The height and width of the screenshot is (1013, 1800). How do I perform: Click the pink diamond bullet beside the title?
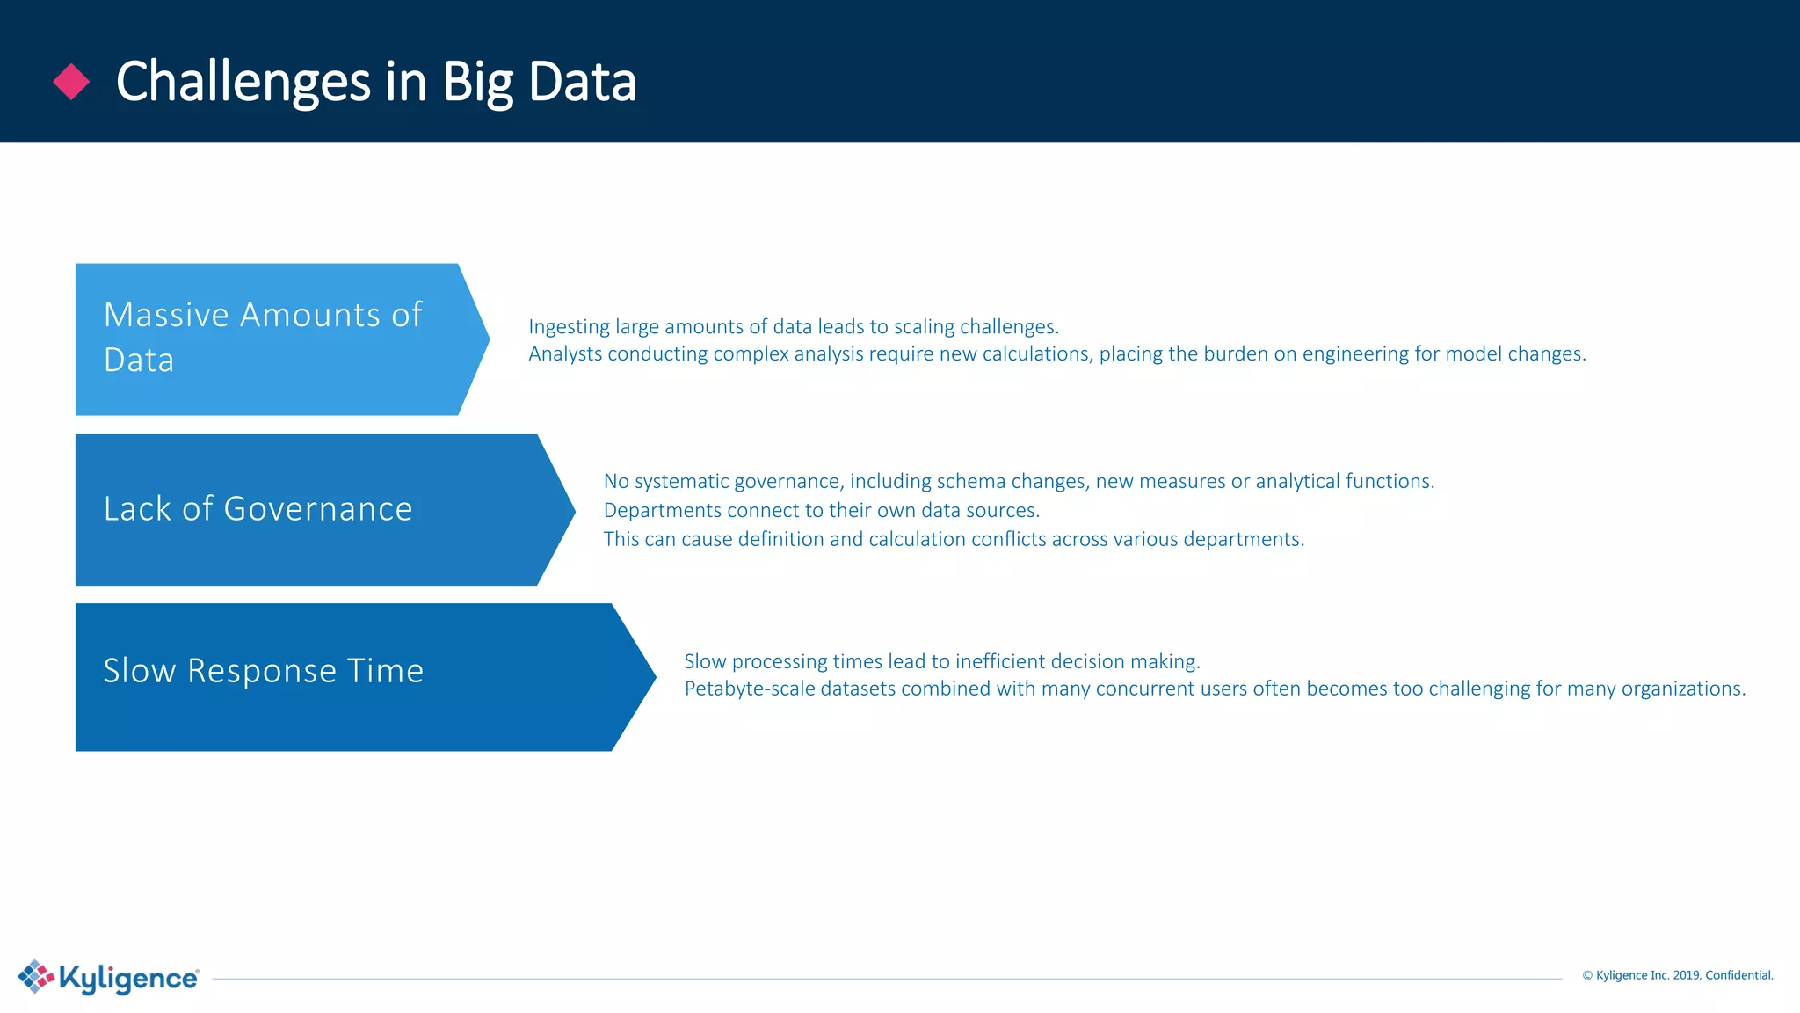[71, 82]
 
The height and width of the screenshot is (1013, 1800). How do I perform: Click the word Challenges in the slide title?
[243, 83]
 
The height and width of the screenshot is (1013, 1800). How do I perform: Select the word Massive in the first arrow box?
[166, 315]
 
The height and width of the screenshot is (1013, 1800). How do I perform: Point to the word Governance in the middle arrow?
[317, 509]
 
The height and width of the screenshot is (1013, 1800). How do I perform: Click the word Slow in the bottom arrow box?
[139, 671]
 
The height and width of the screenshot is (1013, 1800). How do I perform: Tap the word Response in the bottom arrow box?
[262, 671]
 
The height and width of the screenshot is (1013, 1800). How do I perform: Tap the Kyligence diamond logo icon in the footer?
[36, 976]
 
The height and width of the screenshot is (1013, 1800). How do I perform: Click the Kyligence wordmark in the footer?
[128, 978]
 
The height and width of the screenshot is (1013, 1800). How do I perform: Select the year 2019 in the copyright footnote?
[1686, 975]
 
